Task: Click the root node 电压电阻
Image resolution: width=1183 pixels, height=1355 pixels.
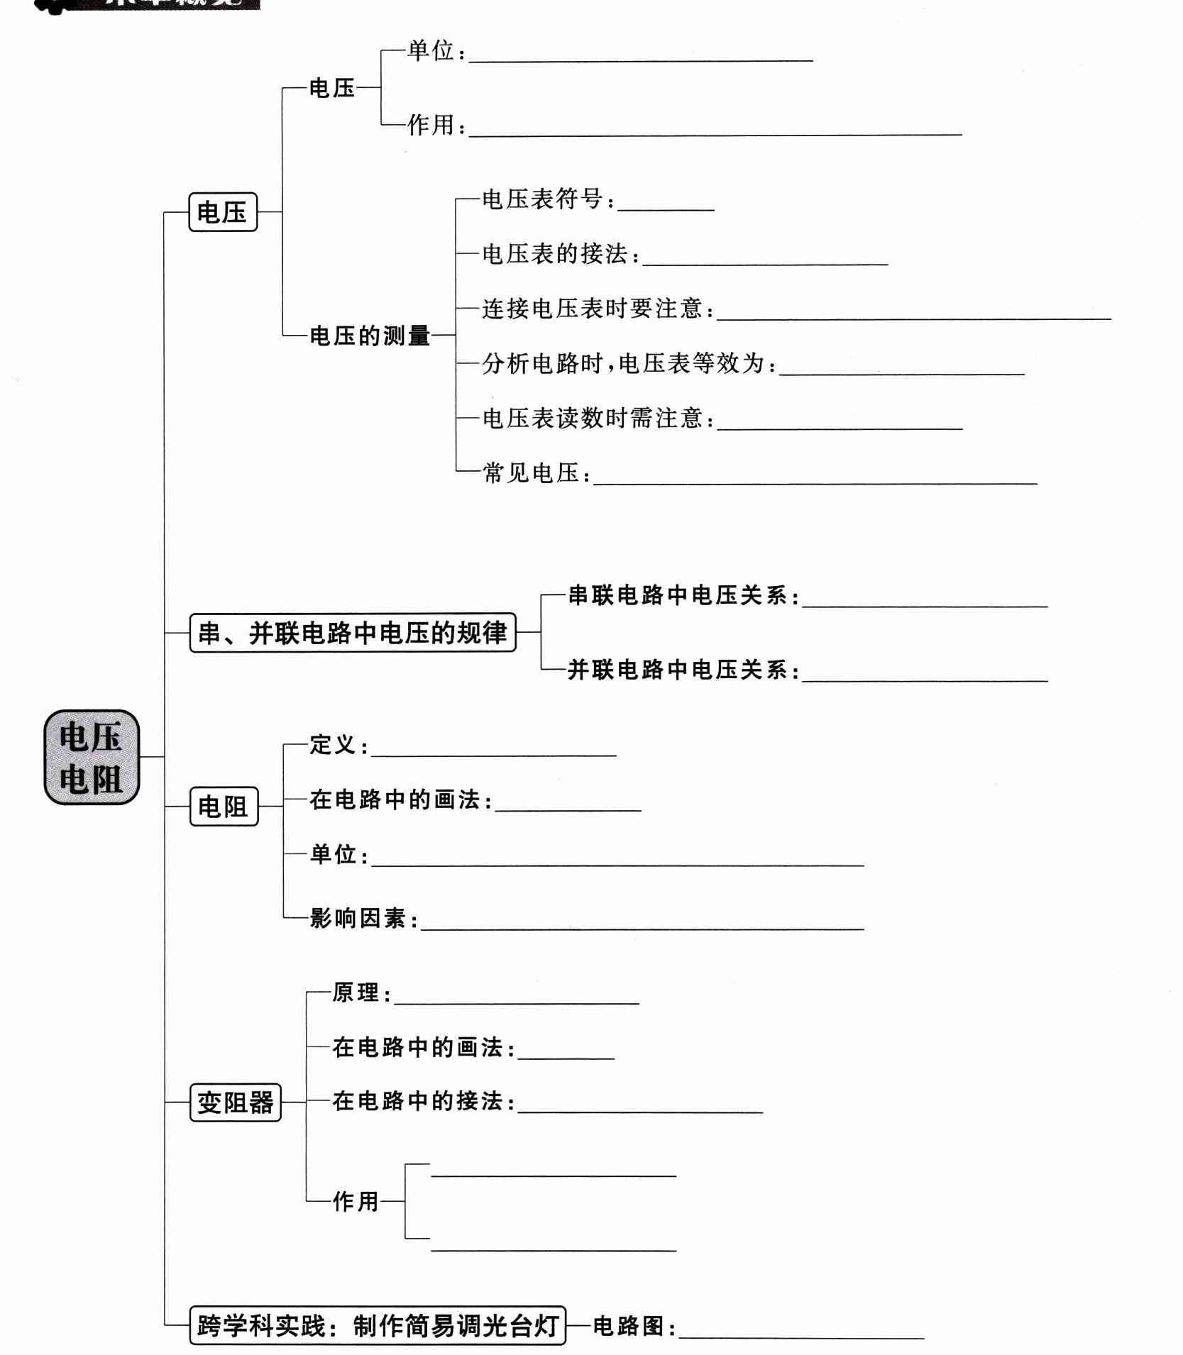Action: coord(92,757)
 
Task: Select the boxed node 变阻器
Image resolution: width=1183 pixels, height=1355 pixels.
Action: coord(235,1102)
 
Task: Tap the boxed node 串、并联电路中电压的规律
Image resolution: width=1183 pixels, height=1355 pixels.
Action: coord(353,632)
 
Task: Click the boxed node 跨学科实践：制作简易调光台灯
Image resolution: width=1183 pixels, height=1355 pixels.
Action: coord(378,1325)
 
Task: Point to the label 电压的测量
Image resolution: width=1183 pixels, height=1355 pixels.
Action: coord(370,336)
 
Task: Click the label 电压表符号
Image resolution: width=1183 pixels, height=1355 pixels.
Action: coord(543,199)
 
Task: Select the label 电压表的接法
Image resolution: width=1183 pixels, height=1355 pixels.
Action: coord(555,254)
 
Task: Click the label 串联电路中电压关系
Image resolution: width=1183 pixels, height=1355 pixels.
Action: coord(678,595)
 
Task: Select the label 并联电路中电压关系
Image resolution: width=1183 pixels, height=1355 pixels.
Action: coord(678,670)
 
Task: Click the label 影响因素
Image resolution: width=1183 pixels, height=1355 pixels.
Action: coord(358,919)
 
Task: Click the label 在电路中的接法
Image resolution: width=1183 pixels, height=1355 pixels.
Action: coord(418,1102)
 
